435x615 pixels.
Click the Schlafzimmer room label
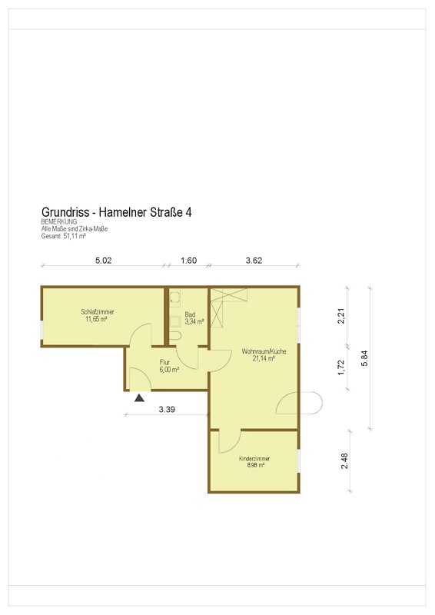point(98,315)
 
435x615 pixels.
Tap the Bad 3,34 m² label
point(194,318)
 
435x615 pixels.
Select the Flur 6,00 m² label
point(169,366)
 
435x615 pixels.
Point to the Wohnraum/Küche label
point(264,354)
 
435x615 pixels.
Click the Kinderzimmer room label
point(254,462)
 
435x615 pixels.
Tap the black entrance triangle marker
point(139,398)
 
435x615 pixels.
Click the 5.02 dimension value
point(104,261)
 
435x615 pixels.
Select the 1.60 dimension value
point(188,261)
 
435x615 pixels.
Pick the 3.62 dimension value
point(254,261)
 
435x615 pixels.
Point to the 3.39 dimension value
point(167,410)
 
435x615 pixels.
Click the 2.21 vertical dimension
point(341,316)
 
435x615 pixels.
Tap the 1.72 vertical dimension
point(341,367)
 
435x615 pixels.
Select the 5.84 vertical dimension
point(364,358)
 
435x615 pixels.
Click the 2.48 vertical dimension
point(344,460)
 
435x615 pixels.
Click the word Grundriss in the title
point(65,212)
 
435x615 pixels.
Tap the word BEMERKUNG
point(59,221)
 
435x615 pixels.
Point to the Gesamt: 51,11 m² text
point(64,236)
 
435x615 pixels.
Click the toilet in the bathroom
point(176,336)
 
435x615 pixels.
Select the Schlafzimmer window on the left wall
point(42,330)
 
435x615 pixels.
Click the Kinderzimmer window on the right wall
point(299,460)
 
